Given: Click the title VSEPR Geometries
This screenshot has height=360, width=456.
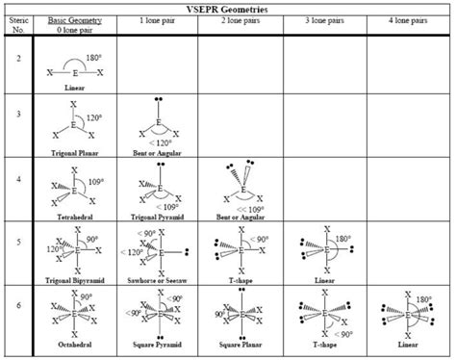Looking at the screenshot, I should pos(227,8).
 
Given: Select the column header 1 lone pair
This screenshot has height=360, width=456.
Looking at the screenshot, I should pos(154,19).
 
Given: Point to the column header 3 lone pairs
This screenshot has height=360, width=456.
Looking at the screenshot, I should pos(322,19).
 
